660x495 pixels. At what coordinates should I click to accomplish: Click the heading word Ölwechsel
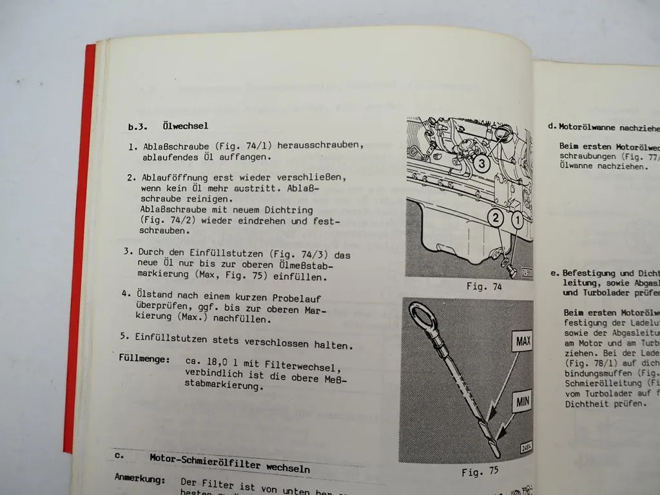(186, 126)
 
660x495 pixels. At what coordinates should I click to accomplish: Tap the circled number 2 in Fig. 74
(495, 218)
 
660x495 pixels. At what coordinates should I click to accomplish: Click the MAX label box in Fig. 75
(522, 341)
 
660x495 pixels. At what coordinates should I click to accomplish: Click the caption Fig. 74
(484, 287)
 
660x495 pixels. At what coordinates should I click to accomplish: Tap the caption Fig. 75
(480, 472)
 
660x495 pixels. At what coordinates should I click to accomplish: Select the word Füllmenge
(144, 358)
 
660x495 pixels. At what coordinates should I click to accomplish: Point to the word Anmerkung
(140, 480)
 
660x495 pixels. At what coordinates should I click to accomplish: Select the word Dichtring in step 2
(288, 209)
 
